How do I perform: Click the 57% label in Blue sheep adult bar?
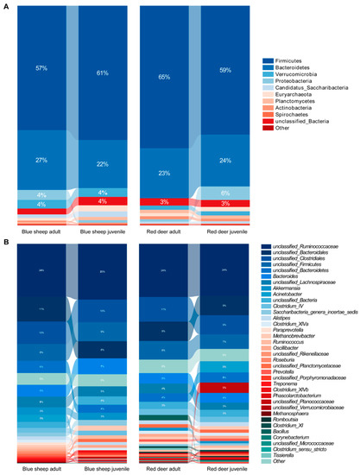tap(41, 68)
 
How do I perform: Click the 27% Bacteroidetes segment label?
tap(41, 160)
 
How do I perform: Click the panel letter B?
tap(7, 241)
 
